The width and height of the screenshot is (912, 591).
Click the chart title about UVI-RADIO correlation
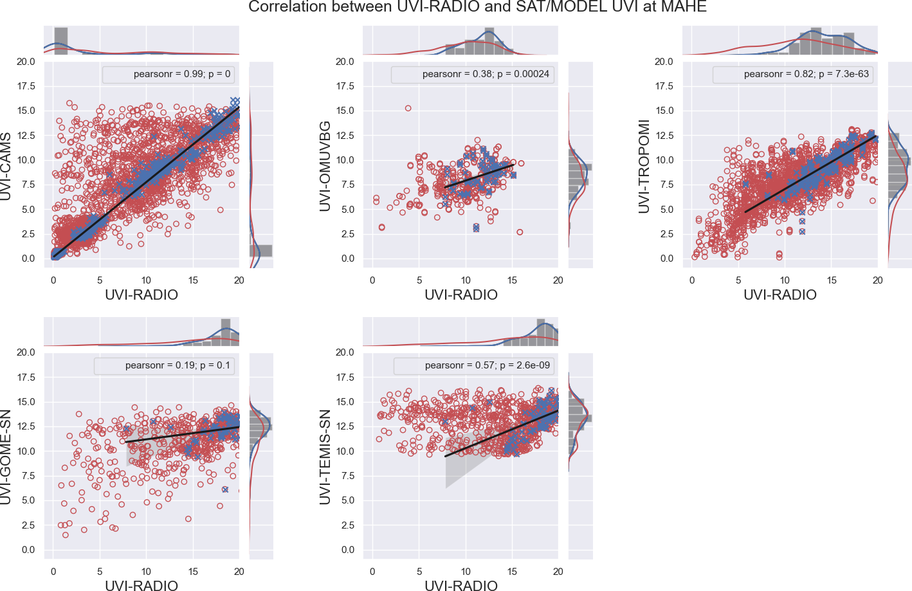pos(477,7)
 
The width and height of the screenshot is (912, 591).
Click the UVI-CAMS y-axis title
pos(6,167)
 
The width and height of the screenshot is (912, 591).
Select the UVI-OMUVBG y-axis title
pos(325,166)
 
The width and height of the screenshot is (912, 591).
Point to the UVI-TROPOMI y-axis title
pos(644,166)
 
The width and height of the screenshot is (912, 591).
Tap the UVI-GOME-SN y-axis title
pos(6,457)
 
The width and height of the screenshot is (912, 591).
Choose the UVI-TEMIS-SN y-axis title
pos(325,457)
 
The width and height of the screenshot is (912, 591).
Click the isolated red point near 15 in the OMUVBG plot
pos(408,108)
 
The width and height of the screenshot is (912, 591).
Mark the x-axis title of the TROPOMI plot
pos(780,295)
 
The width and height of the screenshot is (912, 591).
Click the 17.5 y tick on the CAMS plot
pos(26,86)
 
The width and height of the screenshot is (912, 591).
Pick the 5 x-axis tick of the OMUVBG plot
pos(419,280)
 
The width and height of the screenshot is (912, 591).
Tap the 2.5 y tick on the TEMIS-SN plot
pos(347,525)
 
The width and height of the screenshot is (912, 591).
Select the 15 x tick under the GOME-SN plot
pos(193,572)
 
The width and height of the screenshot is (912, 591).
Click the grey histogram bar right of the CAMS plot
pos(260,251)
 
